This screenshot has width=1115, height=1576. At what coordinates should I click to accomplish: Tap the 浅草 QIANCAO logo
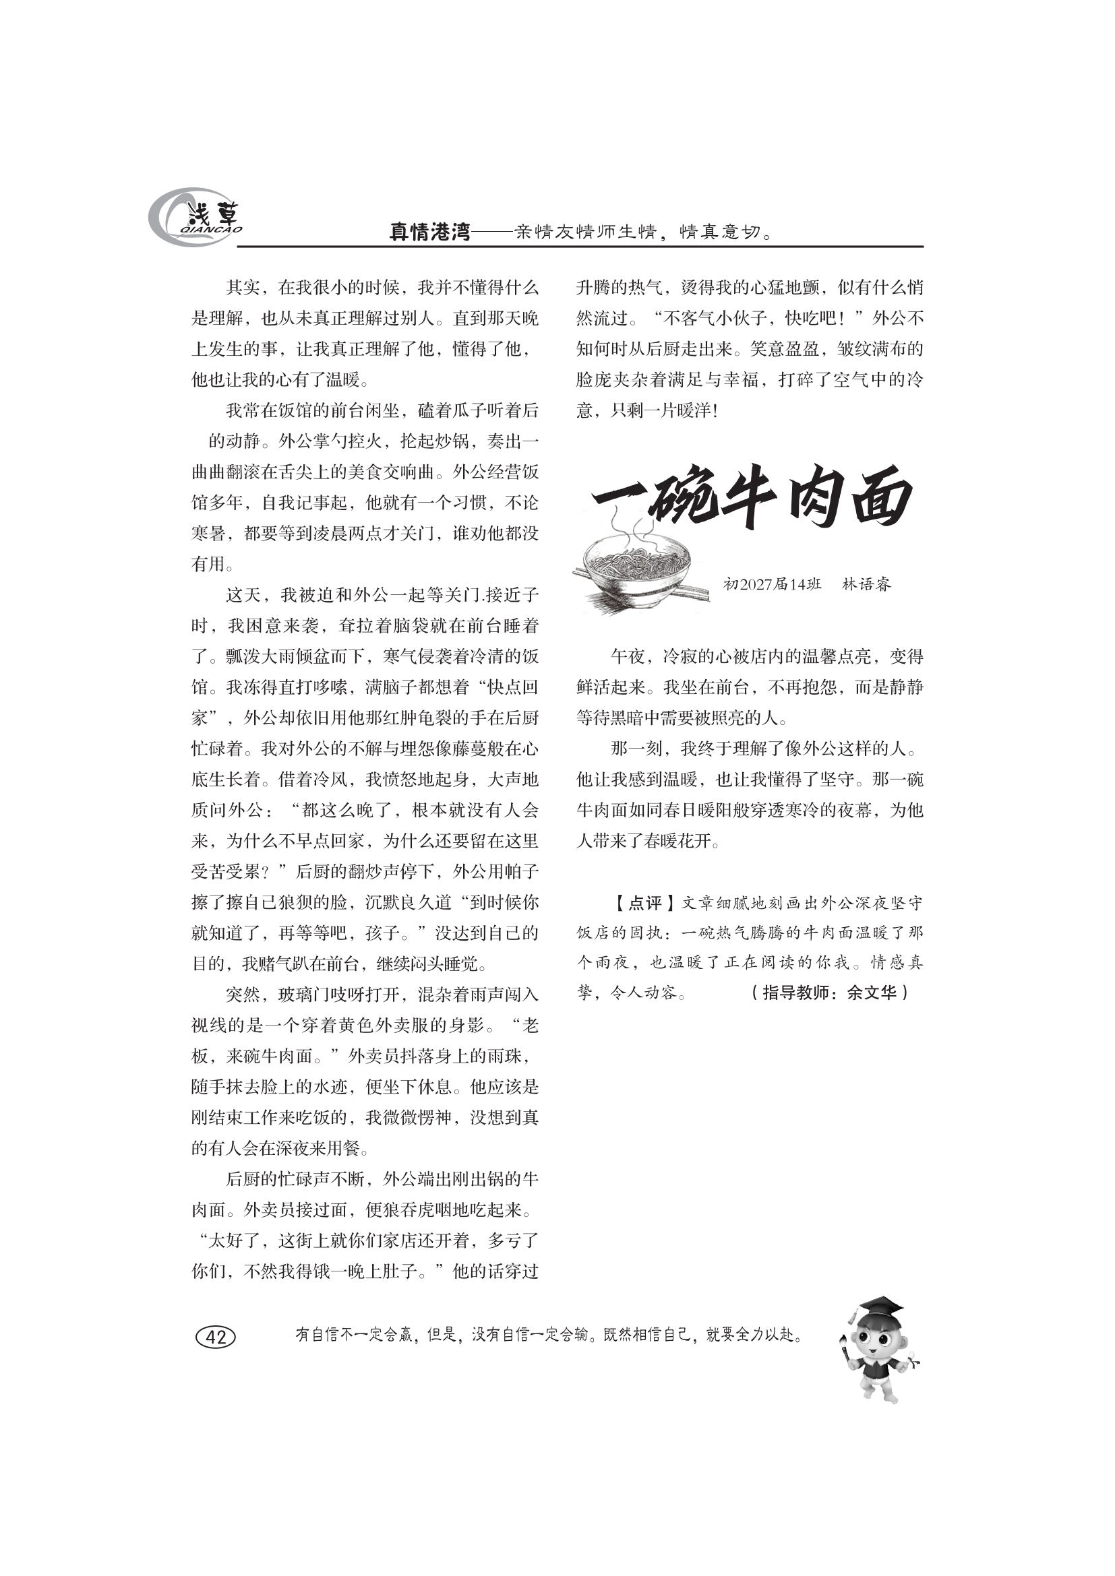(x=196, y=218)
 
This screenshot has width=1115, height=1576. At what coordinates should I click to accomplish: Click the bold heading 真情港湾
(x=429, y=232)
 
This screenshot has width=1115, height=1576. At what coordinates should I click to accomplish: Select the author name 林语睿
(x=866, y=584)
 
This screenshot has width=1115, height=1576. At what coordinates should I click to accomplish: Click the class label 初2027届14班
(x=773, y=584)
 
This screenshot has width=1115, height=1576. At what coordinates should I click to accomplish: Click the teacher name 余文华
(x=871, y=992)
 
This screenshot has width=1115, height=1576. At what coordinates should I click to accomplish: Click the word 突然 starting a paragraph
(x=243, y=995)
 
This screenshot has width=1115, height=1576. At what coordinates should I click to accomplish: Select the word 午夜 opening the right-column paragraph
(x=628, y=657)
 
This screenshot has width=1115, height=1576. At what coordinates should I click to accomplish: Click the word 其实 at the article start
(x=243, y=288)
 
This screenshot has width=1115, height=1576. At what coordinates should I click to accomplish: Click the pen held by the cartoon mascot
(x=845, y=1349)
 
